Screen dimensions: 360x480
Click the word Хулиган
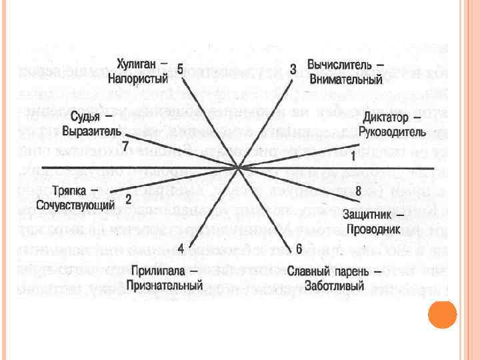(137, 63)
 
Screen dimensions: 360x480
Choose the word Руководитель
(391, 131)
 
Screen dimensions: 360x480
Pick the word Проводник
(372, 229)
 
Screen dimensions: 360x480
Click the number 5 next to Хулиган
(180, 70)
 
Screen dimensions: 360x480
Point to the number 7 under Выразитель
(126, 145)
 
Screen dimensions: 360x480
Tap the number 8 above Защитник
(358, 191)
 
